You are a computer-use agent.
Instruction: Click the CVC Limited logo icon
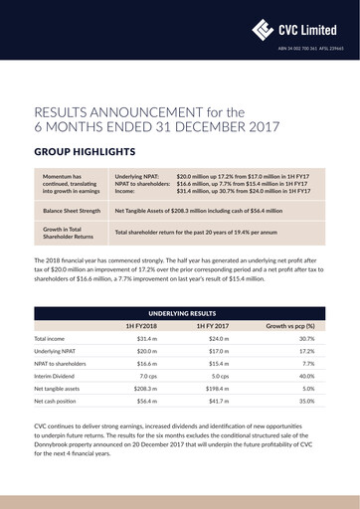coord(264,29)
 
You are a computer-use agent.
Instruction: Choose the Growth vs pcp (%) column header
coord(289,325)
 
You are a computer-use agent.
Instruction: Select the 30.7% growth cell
coord(306,339)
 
